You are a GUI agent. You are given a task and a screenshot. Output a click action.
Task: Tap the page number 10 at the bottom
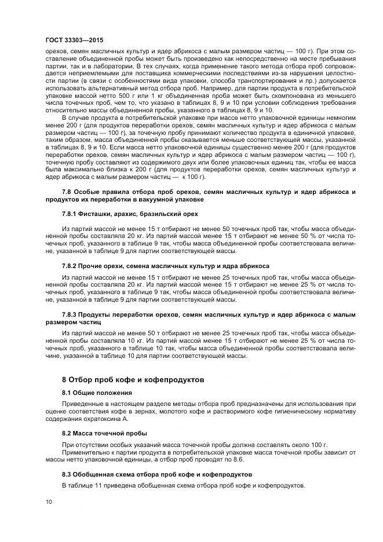tap(48, 501)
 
